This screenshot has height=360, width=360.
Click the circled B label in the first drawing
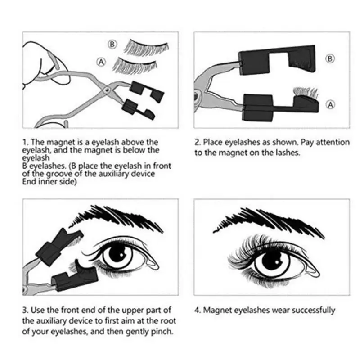[x=112, y=44]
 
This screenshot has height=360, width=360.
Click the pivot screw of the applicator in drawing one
[x=107, y=91]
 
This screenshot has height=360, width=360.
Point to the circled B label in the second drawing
[x=330, y=59]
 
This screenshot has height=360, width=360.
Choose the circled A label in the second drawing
[x=330, y=104]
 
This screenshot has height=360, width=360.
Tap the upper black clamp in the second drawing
[x=270, y=58]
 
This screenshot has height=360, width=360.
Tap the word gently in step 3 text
[x=134, y=332]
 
